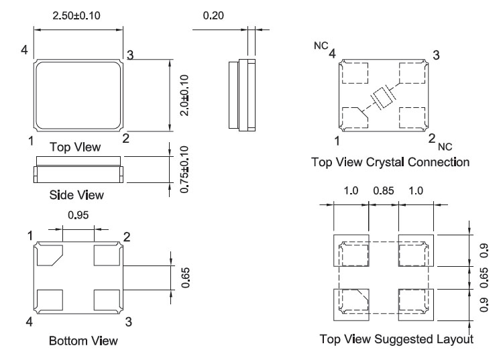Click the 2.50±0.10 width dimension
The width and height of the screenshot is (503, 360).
coord(78,15)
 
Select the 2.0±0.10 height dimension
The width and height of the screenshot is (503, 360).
coord(185,96)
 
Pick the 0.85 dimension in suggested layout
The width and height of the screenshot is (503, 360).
coord(383,191)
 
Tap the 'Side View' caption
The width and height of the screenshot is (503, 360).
coord(77,195)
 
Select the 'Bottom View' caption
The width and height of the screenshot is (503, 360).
coord(78,342)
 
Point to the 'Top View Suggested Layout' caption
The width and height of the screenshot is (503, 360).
coord(396,339)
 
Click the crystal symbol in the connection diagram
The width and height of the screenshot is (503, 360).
coord(383,98)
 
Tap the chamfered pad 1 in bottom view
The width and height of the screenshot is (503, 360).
coord(50,255)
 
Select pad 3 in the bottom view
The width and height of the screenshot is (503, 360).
coord(107,299)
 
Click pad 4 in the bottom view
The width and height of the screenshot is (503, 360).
coord(50,299)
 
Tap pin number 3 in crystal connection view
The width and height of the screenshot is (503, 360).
coord(437,56)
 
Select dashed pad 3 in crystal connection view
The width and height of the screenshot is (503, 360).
coord(412,72)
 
